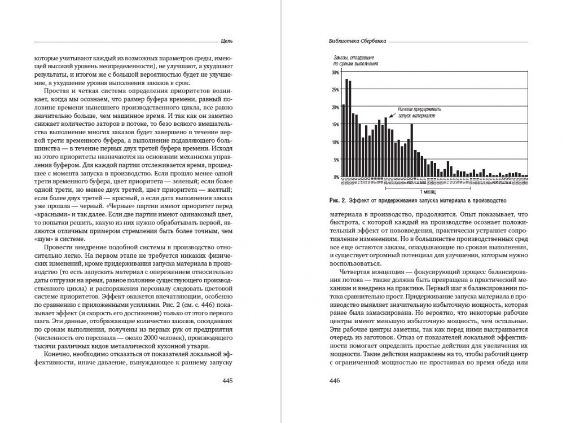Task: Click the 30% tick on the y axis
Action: (335, 73)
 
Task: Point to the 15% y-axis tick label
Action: (335, 125)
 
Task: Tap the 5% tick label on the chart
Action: (336, 160)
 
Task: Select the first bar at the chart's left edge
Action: (343, 141)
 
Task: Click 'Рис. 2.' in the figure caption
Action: (336, 201)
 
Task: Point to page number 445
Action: (228, 381)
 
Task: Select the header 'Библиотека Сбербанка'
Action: (354, 41)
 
